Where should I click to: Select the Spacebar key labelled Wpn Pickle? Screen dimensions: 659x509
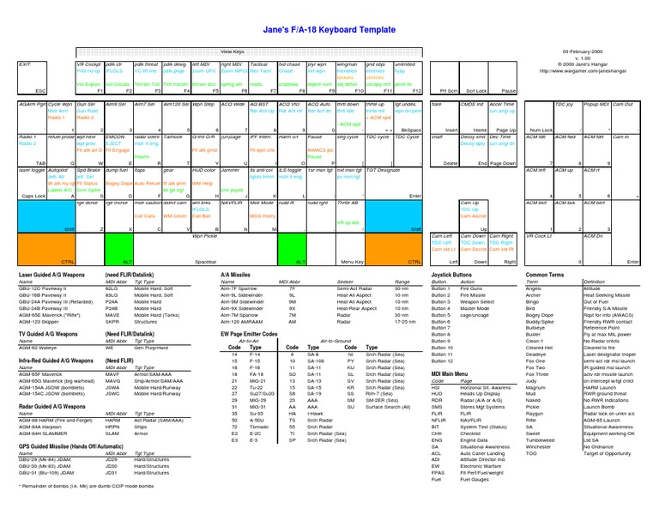[206, 248]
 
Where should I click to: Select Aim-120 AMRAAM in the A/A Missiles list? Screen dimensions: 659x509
[245, 320]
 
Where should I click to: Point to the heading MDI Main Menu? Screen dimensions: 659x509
[450, 374]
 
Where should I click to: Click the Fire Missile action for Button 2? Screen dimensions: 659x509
[475, 294]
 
